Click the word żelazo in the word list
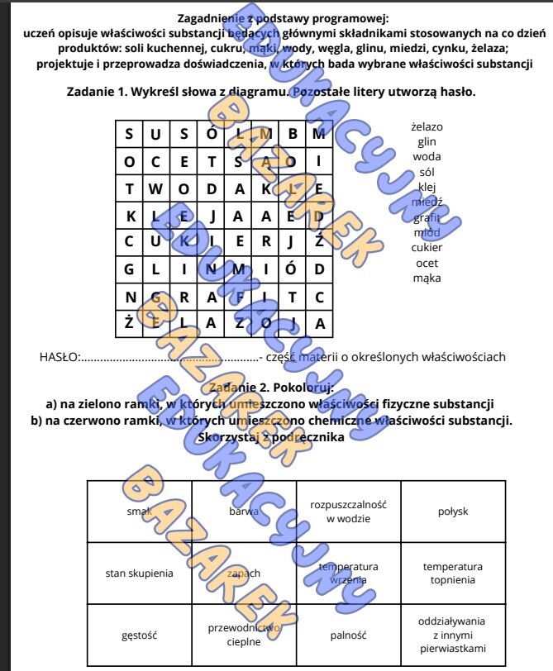coord(427,126)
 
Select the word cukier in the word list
coord(427,247)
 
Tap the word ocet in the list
coord(427,263)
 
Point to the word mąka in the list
coord(427,278)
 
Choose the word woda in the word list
coord(427,156)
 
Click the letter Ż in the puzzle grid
coord(129,323)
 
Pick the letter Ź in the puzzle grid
coord(320,241)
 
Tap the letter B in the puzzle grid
coord(293,134)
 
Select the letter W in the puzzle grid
coord(156,188)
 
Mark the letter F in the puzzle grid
coord(238,296)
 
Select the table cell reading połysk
coord(453,512)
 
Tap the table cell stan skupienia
coord(139,573)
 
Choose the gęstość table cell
coord(139,635)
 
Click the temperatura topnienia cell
coord(453,573)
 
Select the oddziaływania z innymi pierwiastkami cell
coord(453,635)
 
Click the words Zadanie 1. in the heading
coord(98,92)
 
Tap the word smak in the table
coord(139,512)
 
